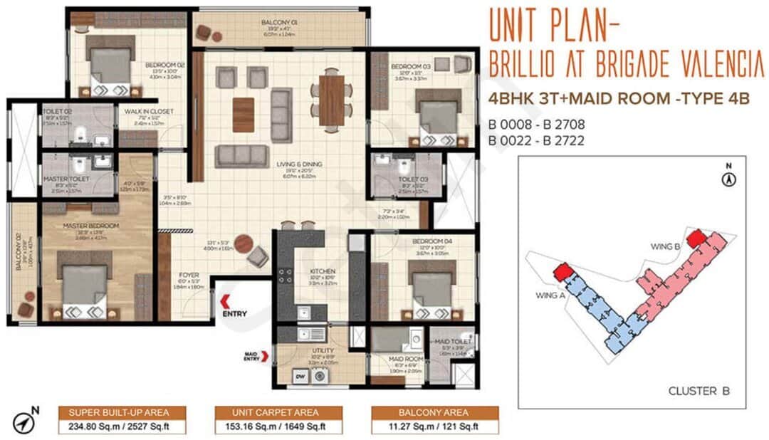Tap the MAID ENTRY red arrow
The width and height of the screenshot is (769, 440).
pyautogui.click(x=266, y=356)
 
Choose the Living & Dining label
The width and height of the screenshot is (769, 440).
pyautogui.click(x=299, y=164)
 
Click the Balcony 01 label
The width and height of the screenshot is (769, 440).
pyautogui.click(x=279, y=23)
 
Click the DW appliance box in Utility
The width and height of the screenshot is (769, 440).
pyautogui.click(x=300, y=377)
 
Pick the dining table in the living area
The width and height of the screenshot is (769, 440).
pyautogui.click(x=331, y=99)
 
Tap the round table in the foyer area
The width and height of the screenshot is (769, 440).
pyautogui.click(x=244, y=243)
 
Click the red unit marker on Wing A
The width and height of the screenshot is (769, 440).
pyautogui.click(x=563, y=271)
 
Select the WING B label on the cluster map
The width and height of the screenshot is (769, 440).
pyautogui.click(x=666, y=246)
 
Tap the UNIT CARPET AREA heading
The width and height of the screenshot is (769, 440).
pyautogui.click(x=278, y=412)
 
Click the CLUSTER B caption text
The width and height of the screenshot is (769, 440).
pyautogui.click(x=699, y=391)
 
